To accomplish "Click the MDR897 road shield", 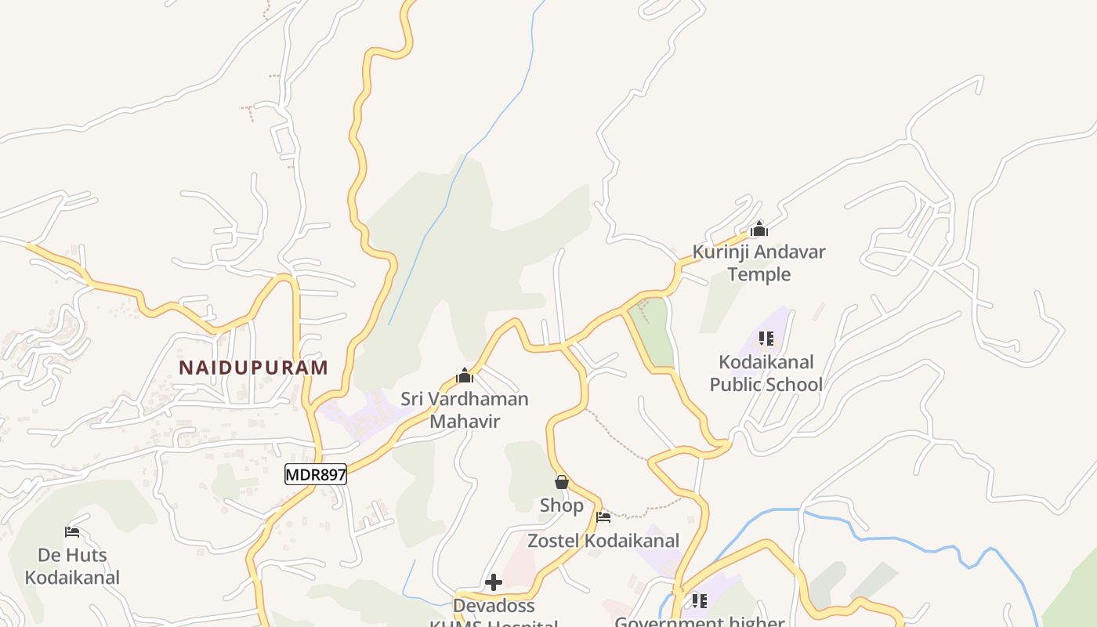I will pyautogui.click(x=315, y=474).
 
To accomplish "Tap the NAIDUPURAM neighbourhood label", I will pyautogui.click(x=253, y=368).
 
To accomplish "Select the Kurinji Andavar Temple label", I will pyautogui.click(x=758, y=263).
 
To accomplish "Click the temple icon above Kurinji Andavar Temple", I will pyautogui.click(x=758, y=230).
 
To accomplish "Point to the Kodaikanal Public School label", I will pyautogui.click(x=766, y=373).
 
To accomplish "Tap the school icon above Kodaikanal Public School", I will pyautogui.click(x=766, y=339).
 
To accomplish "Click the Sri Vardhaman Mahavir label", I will pyautogui.click(x=465, y=410).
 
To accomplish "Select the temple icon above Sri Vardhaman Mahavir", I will pyautogui.click(x=465, y=375).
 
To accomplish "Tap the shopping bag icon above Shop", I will pyautogui.click(x=561, y=482).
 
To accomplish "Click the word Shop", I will pyautogui.click(x=561, y=506).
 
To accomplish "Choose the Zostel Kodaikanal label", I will pyautogui.click(x=603, y=541).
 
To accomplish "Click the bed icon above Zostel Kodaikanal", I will pyautogui.click(x=603, y=517).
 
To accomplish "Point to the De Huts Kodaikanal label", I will pyautogui.click(x=72, y=567).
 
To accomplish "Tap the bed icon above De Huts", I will pyautogui.click(x=72, y=532).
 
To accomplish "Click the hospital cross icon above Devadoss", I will pyautogui.click(x=494, y=582).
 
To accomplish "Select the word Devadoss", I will pyautogui.click(x=494, y=606).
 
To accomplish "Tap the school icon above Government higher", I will pyautogui.click(x=699, y=601).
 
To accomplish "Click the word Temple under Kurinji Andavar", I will pyautogui.click(x=758, y=274).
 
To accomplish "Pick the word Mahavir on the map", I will pyautogui.click(x=465, y=421).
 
